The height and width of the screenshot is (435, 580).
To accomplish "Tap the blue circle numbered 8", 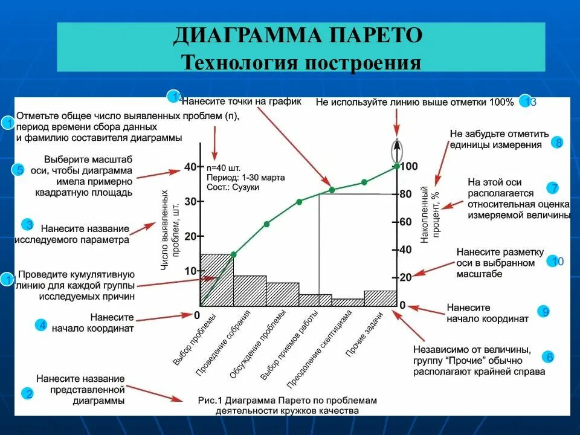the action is coord(558,143).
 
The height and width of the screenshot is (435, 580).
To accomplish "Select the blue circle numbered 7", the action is coord(552,188).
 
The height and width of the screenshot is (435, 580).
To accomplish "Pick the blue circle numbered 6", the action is coord(549,357).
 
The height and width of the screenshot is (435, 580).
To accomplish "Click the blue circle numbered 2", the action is coord(27,395).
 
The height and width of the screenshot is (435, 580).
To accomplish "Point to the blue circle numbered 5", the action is coord(19,170).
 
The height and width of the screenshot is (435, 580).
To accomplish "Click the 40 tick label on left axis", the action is coord(190,167).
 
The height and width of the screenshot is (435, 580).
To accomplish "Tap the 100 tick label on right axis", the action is coord(409,166).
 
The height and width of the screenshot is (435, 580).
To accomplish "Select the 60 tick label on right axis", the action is coord(405,222).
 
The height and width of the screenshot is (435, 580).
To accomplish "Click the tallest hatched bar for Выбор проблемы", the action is coord(216,280).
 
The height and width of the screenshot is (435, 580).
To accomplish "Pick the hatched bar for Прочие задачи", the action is coord(381,298).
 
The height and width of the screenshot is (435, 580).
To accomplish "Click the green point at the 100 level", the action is coord(396,166).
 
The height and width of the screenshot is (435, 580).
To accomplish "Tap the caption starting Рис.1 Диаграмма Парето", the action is coord(287,405).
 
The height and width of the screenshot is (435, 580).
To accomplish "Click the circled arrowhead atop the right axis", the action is coord(396,147).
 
